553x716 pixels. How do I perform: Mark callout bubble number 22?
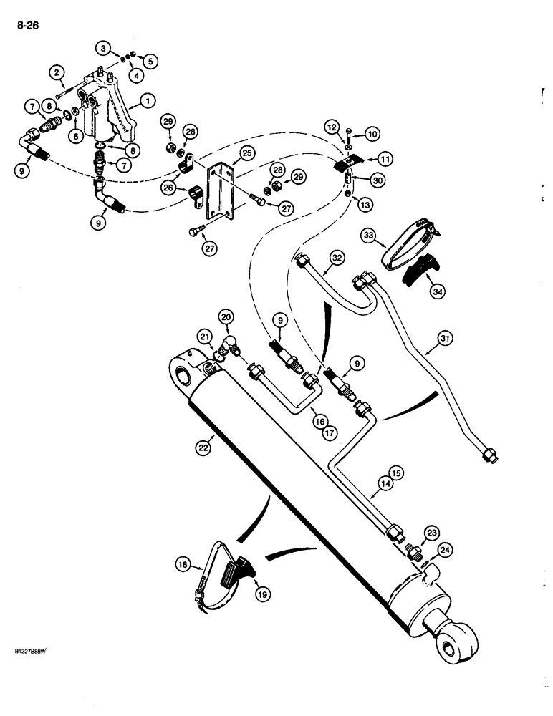201,447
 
